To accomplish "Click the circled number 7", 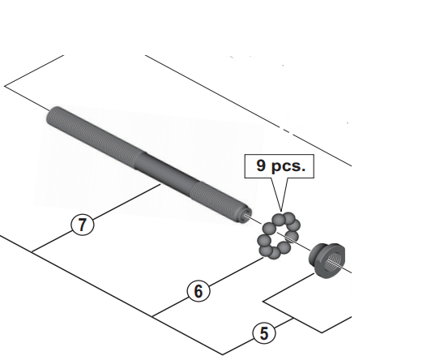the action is pos(83,225).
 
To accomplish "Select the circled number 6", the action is pos(199,291).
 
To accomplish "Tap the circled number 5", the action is pos(264,333).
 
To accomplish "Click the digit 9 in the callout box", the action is pos(261,165).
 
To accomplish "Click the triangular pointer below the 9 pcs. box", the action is pos(280,195).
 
